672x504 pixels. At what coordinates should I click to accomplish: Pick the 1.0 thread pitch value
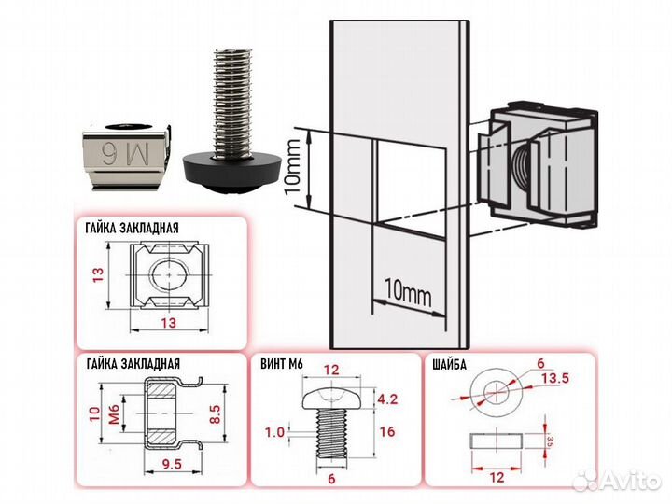tap(273, 431)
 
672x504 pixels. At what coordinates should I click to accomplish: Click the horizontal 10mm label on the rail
tap(407, 291)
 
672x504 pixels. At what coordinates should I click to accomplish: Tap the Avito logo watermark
tap(620, 482)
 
